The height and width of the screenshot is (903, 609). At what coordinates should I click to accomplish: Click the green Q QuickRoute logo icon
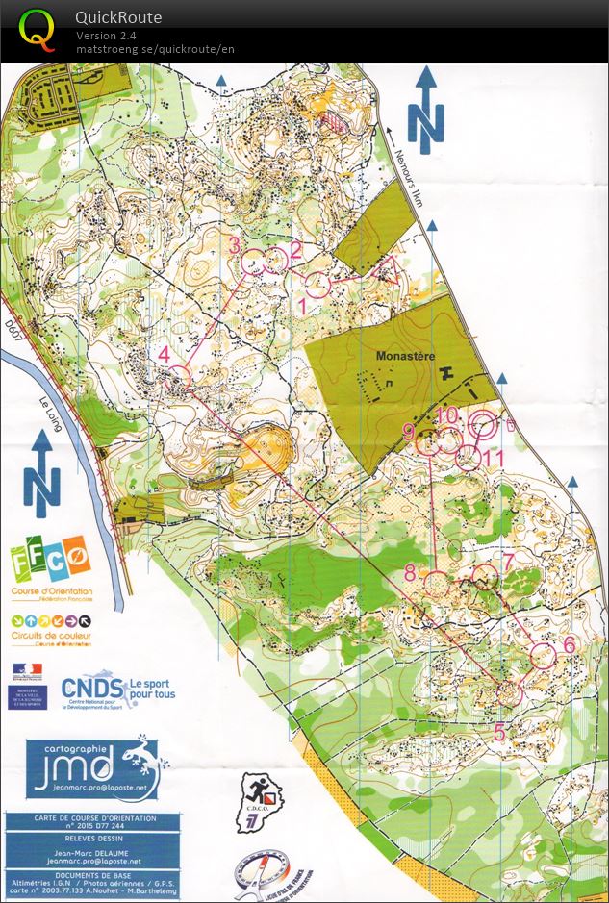(x=38, y=30)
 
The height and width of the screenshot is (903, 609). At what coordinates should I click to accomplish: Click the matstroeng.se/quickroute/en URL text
(x=155, y=49)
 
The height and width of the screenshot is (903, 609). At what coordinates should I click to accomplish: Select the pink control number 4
(x=165, y=354)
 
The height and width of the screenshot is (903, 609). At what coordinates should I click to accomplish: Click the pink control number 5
(x=498, y=732)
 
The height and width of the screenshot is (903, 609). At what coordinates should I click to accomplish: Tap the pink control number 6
(x=569, y=644)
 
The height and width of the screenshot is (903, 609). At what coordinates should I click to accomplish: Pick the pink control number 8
(x=410, y=574)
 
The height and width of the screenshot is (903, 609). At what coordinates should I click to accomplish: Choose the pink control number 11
(x=495, y=459)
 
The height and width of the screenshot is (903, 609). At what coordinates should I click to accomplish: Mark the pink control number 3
(x=235, y=245)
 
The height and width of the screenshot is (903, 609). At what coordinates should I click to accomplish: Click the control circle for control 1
(x=318, y=284)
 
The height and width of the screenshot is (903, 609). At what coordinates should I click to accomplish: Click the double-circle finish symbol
(x=485, y=424)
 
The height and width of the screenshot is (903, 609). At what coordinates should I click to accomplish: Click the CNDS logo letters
(x=92, y=688)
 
